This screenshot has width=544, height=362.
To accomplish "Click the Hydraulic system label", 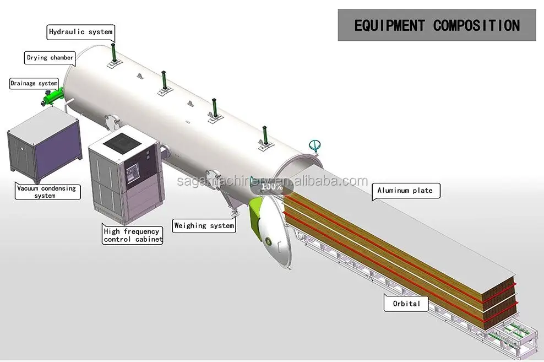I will pos(80,32).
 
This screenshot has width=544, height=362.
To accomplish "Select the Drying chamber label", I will pos(50,58).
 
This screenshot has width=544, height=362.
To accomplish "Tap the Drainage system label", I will pos(34,84).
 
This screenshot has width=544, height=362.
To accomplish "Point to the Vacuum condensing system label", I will pos(46,192).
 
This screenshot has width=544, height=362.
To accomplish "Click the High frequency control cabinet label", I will pos(133,235).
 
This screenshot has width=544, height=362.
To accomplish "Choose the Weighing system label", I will pos(204,225).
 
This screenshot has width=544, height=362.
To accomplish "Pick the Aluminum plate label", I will pos(405,191).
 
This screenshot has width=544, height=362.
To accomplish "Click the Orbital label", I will pos(406,304).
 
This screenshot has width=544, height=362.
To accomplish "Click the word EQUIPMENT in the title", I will pos(389,25).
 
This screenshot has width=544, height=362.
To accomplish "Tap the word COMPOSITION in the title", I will pos(476,25).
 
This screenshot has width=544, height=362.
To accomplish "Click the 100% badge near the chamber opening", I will pos(272,186).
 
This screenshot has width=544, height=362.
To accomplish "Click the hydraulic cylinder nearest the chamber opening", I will pos(265,136).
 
